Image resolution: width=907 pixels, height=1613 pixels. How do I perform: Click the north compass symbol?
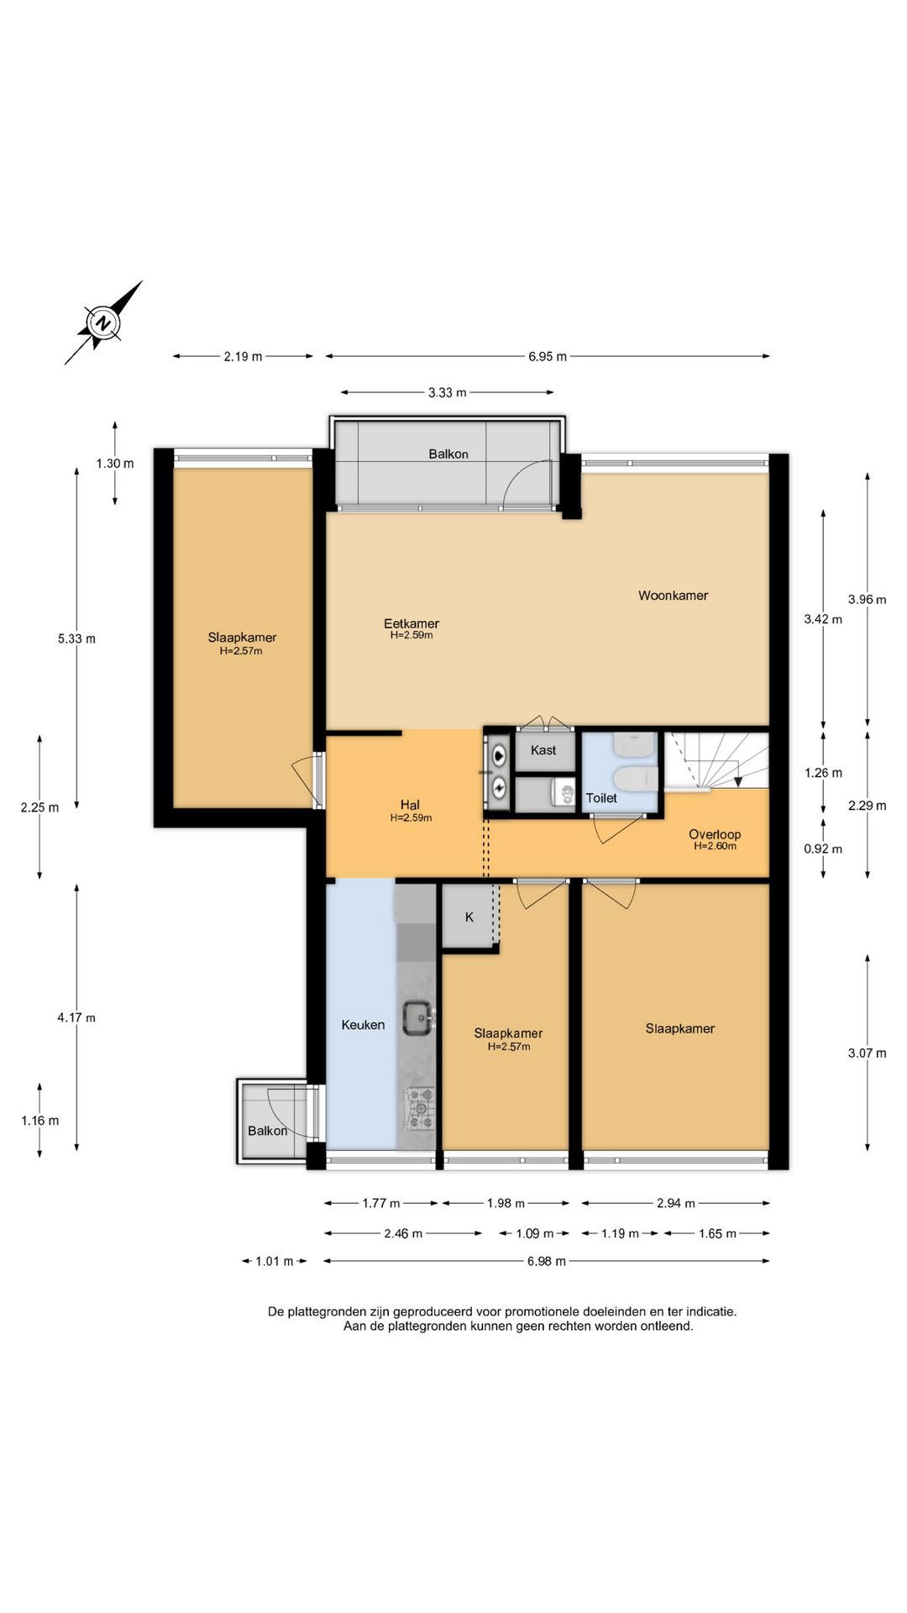tap(102, 323)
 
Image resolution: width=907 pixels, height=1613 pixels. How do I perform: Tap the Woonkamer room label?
tap(673, 596)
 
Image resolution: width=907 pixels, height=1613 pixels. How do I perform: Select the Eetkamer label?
tap(412, 623)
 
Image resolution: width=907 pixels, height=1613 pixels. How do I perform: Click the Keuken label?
tap(363, 1025)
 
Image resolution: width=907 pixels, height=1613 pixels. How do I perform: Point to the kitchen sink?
tap(418, 1018)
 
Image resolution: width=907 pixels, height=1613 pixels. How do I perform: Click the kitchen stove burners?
tap(420, 1108)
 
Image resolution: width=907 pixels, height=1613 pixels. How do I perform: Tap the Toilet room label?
tap(601, 798)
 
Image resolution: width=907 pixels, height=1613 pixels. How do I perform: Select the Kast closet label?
tap(543, 750)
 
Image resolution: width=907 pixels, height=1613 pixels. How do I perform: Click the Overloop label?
tap(715, 834)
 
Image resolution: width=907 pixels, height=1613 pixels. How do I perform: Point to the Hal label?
tap(410, 805)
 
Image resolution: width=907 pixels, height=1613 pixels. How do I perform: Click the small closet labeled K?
tap(469, 917)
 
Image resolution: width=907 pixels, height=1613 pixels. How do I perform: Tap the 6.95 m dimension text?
tap(548, 356)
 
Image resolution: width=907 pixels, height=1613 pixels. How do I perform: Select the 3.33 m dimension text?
tap(447, 392)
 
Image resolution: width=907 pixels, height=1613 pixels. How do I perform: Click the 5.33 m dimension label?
tap(76, 638)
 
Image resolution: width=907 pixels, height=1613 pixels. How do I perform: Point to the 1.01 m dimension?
tap(275, 1261)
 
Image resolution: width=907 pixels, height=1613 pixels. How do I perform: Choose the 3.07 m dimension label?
tap(867, 1053)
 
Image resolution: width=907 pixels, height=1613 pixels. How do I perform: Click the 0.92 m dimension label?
tap(823, 849)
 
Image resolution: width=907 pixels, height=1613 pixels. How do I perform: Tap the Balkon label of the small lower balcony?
tap(267, 1131)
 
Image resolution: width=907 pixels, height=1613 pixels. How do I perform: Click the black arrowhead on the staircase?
tap(738, 782)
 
